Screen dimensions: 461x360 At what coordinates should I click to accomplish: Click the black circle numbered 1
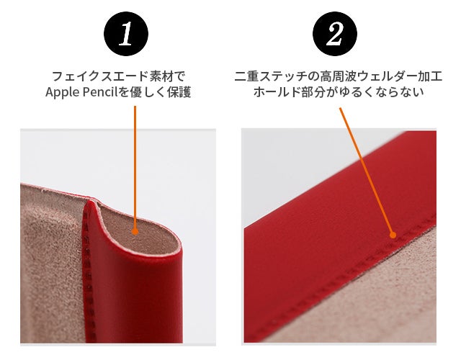(126, 34)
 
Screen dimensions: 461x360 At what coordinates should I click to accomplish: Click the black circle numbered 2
(334, 34)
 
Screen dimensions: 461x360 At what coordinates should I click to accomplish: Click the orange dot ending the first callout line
(135, 232)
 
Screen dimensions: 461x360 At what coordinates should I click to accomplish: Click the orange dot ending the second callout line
(393, 235)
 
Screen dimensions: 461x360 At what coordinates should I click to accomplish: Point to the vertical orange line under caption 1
(135, 167)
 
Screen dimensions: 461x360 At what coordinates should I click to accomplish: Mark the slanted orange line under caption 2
(366, 170)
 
